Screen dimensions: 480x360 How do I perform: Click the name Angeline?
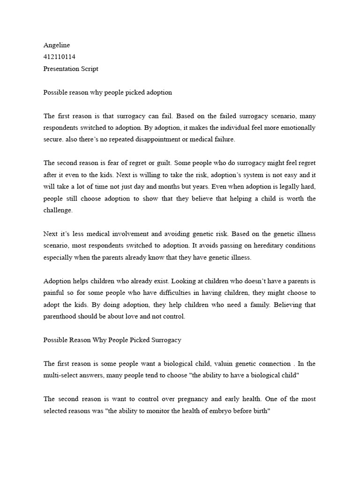[x=56, y=45]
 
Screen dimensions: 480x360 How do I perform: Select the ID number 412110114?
[x=59, y=57]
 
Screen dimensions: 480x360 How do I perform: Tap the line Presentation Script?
[x=71, y=68]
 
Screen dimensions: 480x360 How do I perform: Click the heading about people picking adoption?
[x=108, y=92]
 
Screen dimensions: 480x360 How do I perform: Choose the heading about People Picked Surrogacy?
[x=112, y=340]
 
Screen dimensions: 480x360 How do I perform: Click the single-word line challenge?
[x=58, y=210]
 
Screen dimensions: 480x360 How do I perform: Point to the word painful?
[x=54, y=293]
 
